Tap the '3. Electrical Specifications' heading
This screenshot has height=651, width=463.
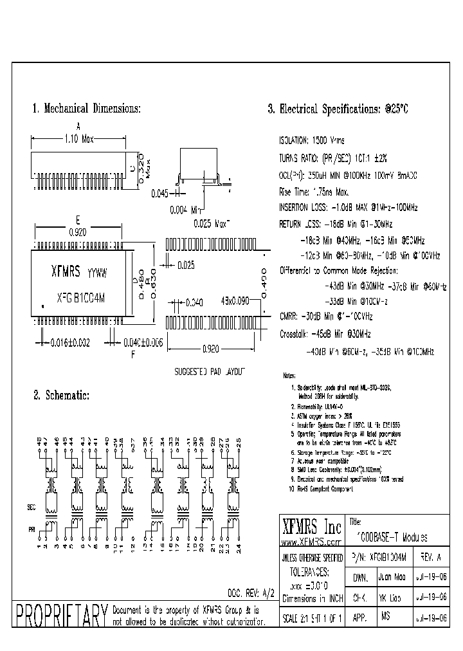click(338, 109)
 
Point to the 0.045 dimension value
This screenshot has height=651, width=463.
click(161, 192)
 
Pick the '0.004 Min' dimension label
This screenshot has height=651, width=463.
click(186, 210)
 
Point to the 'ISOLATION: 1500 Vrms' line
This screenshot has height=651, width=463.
click(311, 140)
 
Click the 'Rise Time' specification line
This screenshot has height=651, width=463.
click(313, 191)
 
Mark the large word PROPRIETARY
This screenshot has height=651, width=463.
click(60, 615)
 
